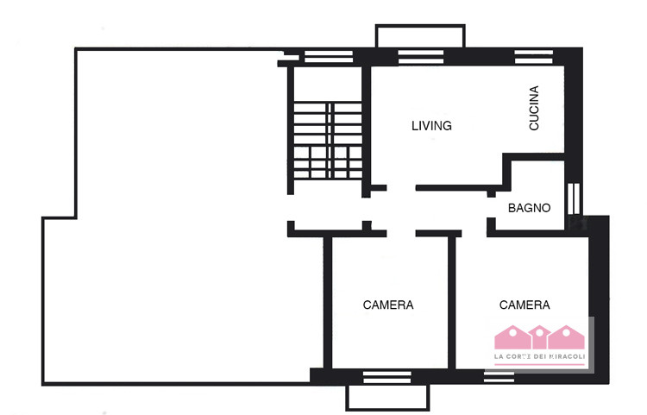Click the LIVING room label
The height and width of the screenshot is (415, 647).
point(431,125)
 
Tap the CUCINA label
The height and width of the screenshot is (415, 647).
point(534,108)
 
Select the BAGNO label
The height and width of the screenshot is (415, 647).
point(529,208)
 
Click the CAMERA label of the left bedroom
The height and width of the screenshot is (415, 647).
point(388,305)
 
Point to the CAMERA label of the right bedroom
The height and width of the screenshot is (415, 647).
point(525,305)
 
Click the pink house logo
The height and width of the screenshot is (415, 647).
point(539,337)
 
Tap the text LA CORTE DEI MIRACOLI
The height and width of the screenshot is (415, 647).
point(539,356)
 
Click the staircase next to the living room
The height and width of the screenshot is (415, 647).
point(328,141)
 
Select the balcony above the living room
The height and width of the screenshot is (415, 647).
point(420,36)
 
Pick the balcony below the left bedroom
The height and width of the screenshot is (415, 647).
point(387,397)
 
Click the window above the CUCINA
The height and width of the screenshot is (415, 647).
point(533,57)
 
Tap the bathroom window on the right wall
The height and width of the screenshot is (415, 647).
point(574,198)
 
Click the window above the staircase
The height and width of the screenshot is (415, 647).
point(329,57)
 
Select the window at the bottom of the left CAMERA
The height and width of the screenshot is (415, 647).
point(387,377)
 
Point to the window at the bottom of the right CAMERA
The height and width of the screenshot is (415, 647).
point(499,376)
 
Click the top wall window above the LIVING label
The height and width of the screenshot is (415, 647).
point(421,57)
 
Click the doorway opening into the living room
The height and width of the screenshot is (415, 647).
point(401,188)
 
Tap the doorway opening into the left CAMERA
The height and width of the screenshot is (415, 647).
point(401,234)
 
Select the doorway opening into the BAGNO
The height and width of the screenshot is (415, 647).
point(491,207)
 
